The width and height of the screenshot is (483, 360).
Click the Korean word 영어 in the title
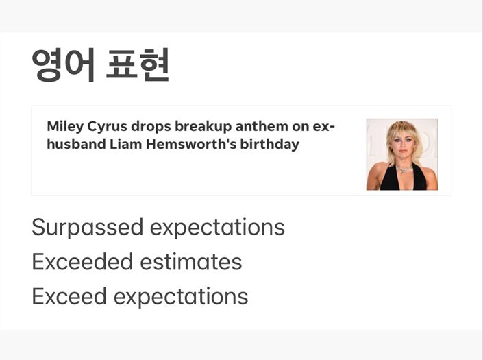(63, 64)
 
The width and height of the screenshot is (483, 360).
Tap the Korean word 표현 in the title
(138, 64)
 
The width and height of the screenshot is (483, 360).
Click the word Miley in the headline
(65, 127)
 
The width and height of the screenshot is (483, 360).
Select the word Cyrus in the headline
(107, 127)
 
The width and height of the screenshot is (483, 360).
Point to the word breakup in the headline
(203, 126)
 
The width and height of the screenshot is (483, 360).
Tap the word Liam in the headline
(125, 144)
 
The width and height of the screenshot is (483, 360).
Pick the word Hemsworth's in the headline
(191, 144)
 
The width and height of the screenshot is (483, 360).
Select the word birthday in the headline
(270, 145)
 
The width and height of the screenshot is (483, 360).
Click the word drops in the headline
(151, 127)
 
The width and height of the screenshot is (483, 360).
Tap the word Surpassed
(88, 228)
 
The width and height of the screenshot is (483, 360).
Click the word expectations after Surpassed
(217, 228)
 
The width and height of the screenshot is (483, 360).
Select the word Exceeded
(82, 262)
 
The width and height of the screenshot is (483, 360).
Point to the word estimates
(191, 263)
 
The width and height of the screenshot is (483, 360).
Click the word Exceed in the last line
(69, 296)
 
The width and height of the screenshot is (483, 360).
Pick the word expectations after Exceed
(181, 297)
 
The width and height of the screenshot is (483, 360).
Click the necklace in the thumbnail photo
(404, 169)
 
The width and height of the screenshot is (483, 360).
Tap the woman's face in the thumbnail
(402, 145)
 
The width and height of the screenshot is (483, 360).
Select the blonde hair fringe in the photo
(401, 129)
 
